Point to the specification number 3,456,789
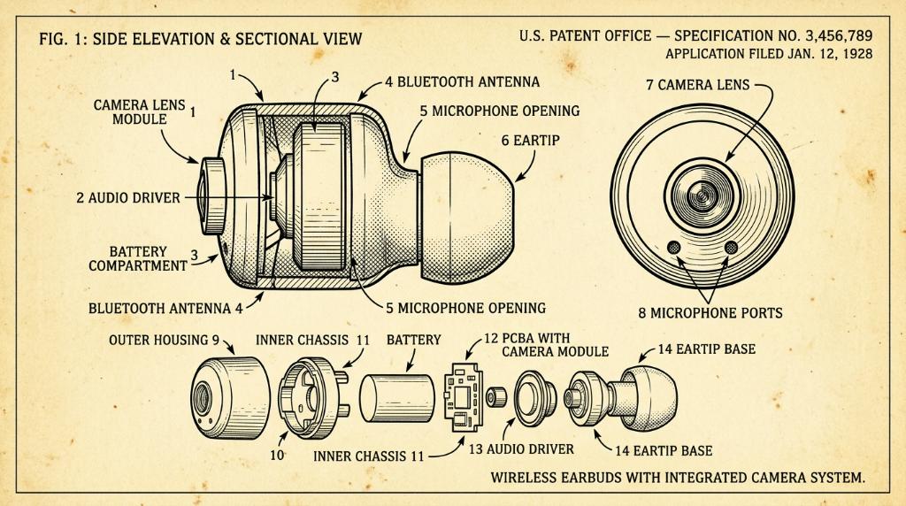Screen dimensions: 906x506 click(x=839, y=35)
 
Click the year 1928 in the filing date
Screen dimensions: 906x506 click(x=856, y=54)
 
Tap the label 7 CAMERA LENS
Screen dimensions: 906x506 click(x=697, y=85)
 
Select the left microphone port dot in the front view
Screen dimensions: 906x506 click(x=673, y=248)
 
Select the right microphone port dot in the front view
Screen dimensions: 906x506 click(x=731, y=248)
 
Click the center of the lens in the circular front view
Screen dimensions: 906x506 click(x=702, y=195)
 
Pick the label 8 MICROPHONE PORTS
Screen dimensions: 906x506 click(x=710, y=313)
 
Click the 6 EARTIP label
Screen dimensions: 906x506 click(x=531, y=141)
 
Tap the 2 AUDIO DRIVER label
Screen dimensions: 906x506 click(x=128, y=198)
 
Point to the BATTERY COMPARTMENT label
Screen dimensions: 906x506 click(x=137, y=259)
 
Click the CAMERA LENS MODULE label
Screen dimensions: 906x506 click(x=139, y=112)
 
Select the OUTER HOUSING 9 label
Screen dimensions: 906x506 click(x=164, y=341)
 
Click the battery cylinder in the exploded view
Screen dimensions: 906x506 click(x=396, y=398)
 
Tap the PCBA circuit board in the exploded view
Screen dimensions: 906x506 click(x=463, y=397)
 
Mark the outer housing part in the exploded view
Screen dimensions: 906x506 click(x=230, y=398)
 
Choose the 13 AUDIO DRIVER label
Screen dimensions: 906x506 click(x=521, y=448)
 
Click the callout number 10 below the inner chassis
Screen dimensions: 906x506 click(x=277, y=456)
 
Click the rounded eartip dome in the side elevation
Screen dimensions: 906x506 click(x=467, y=218)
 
